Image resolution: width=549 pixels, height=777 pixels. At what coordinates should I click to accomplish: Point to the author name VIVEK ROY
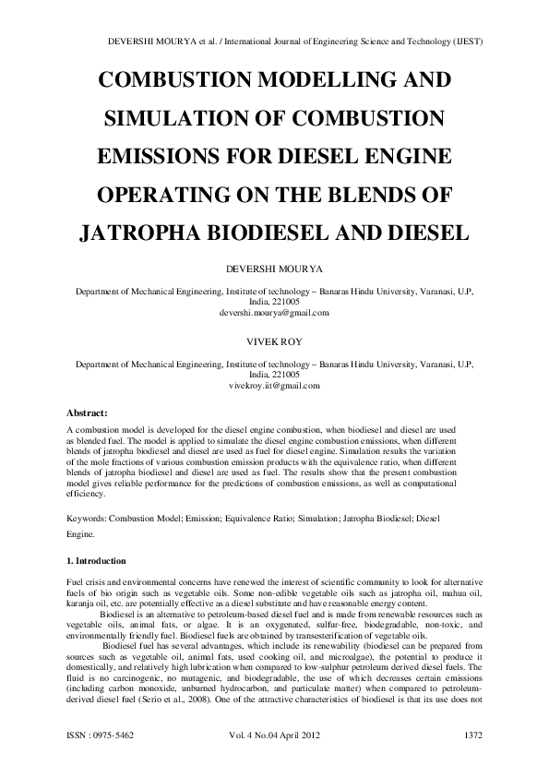point(274,341)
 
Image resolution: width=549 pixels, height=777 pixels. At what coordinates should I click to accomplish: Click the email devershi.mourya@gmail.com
point(274,314)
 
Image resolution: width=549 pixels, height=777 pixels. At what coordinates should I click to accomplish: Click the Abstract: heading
point(89,412)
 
